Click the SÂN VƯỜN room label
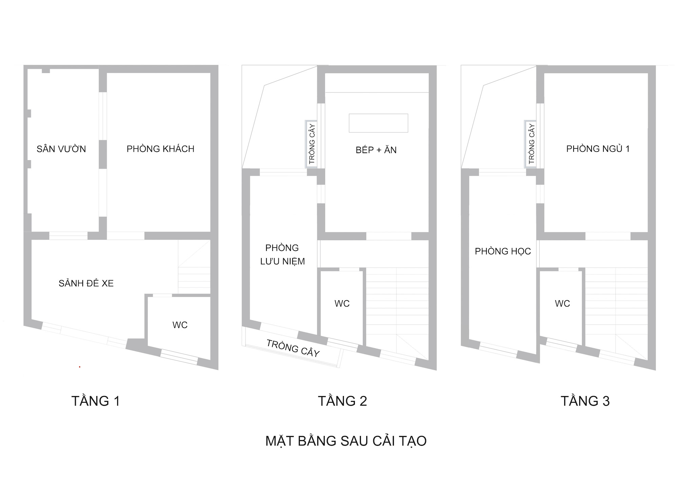(x=61, y=149)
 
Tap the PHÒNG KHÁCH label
(x=160, y=149)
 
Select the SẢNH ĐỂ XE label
(x=86, y=283)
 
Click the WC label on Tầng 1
(x=180, y=325)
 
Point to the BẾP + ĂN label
(x=376, y=150)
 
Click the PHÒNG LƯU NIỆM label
(x=282, y=254)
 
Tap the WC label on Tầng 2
(x=342, y=304)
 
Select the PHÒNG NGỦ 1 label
(x=598, y=149)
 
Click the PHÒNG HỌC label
(x=503, y=251)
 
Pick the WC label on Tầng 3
(x=562, y=304)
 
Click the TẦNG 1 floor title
(x=96, y=401)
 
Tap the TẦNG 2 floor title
(x=342, y=401)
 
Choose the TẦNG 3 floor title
(x=585, y=401)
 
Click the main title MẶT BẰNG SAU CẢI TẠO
(x=346, y=441)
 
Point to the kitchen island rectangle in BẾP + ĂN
(x=378, y=123)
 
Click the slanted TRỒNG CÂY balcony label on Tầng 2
(x=293, y=348)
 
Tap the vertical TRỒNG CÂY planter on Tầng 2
(x=311, y=144)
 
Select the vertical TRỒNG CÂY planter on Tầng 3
(x=531, y=144)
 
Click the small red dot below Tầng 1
(x=80, y=367)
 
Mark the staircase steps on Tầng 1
(x=194, y=267)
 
